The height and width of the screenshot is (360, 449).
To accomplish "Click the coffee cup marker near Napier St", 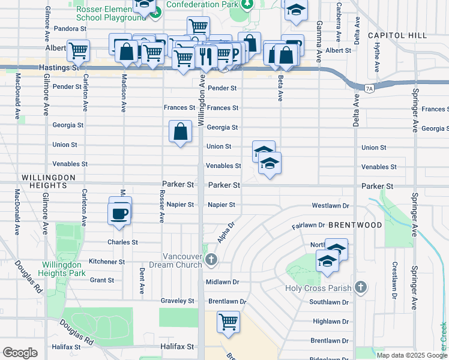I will coord(120,212).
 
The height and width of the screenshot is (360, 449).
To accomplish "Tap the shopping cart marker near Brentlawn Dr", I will coord(228,322).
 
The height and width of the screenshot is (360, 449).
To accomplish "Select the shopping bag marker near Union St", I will coord(180,131).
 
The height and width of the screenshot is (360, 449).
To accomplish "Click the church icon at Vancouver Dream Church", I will coord(211,260).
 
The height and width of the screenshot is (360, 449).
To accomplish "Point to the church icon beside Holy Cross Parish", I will coord(360,287).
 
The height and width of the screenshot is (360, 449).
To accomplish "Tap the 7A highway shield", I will coord(369,89).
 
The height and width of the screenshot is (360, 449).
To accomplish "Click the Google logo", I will coord(20,353).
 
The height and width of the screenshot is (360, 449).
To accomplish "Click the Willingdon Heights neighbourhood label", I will coord(49,178).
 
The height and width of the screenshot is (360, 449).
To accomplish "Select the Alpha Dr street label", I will coord(226,233).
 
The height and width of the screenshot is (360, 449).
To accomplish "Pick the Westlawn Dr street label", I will coord(330,206).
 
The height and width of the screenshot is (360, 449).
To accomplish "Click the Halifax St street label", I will coord(178,347).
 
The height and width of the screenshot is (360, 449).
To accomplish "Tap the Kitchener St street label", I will coord(106,262).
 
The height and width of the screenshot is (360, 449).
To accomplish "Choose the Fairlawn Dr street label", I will coord(308,226).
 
